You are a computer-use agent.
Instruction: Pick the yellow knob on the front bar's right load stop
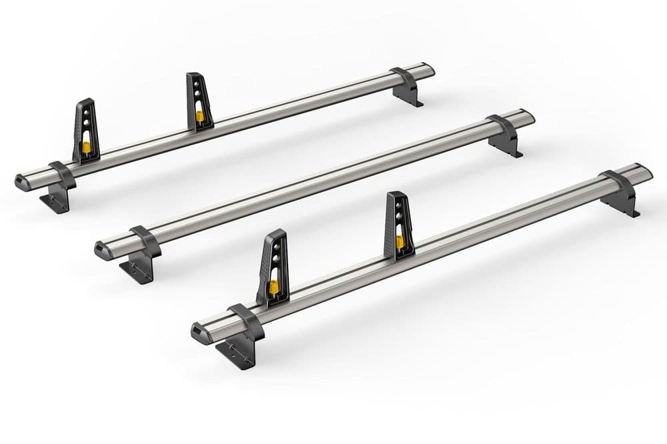tap(400, 241)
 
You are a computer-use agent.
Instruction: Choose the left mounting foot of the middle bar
tap(138, 270)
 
